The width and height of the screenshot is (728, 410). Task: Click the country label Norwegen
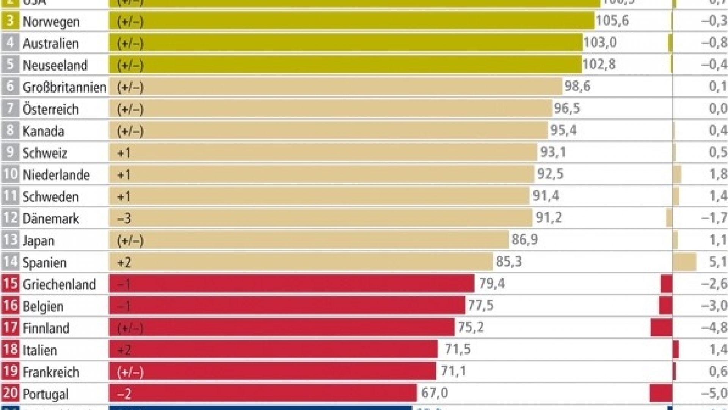click(51, 22)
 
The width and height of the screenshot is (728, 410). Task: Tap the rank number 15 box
click(10, 284)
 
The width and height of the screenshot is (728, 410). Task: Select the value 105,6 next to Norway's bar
click(612, 20)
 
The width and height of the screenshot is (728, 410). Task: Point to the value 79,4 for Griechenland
click(492, 283)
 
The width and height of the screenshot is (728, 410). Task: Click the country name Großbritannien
click(64, 87)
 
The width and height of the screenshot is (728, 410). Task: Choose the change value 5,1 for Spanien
click(718, 262)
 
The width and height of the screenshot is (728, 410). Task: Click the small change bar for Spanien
click(685, 262)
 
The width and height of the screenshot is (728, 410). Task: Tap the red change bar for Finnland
click(662, 328)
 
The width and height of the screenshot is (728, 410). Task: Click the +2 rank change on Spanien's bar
click(124, 262)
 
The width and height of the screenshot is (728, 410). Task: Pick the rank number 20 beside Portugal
click(10, 393)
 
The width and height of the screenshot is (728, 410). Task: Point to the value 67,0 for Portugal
click(435, 393)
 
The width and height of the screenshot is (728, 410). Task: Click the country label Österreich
click(50, 109)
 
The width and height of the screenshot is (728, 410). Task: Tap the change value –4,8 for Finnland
click(714, 327)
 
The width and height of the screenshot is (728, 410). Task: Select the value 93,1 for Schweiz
click(553, 152)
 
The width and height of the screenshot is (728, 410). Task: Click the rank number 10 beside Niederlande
click(10, 174)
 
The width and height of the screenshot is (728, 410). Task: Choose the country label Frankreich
click(51, 372)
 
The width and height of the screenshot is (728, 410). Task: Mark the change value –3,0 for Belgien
click(714, 306)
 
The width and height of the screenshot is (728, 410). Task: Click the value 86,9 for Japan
click(524, 240)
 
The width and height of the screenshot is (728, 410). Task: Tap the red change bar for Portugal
click(661, 393)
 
